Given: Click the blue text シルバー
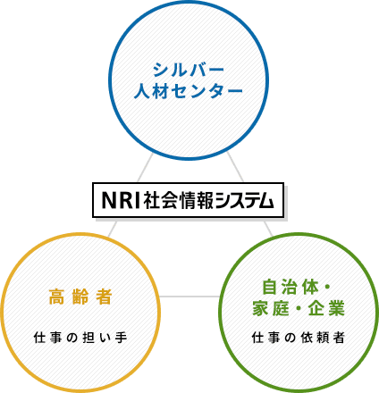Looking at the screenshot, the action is pyautogui.click(x=189, y=71).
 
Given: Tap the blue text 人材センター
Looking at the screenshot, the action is pyautogui.click(x=189, y=90).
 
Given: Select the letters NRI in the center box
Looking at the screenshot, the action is pyautogui.click(x=121, y=200).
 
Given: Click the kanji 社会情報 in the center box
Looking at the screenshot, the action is pyautogui.click(x=179, y=200).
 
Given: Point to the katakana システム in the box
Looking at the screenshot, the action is pyautogui.click(x=244, y=200).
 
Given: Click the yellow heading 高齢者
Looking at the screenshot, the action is pyautogui.click(x=80, y=297).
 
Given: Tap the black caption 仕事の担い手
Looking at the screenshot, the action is pyautogui.click(x=80, y=338).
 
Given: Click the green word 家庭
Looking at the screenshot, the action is pyautogui.click(x=271, y=308).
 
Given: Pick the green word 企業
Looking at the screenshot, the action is pyautogui.click(x=326, y=308).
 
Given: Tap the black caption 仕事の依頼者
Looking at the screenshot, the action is pyautogui.click(x=299, y=338).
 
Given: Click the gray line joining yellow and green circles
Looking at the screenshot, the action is pyautogui.click(x=189, y=297).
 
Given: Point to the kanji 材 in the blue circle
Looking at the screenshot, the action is pyautogui.click(x=161, y=90).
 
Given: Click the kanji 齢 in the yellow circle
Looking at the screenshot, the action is pyautogui.click(x=80, y=297).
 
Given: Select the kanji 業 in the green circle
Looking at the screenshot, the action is pyautogui.click(x=337, y=308).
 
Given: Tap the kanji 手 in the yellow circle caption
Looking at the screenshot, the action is pyautogui.click(x=122, y=338).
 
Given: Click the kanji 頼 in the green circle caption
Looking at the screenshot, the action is pyautogui.click(x=323, y=338).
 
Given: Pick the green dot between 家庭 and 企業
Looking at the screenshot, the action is pyautogui.click(x=299, y=308).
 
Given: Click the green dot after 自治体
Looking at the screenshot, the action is pyautogui.click(x=325, y=288).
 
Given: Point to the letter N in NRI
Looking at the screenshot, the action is pyautogui.click(x=108, y=200).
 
